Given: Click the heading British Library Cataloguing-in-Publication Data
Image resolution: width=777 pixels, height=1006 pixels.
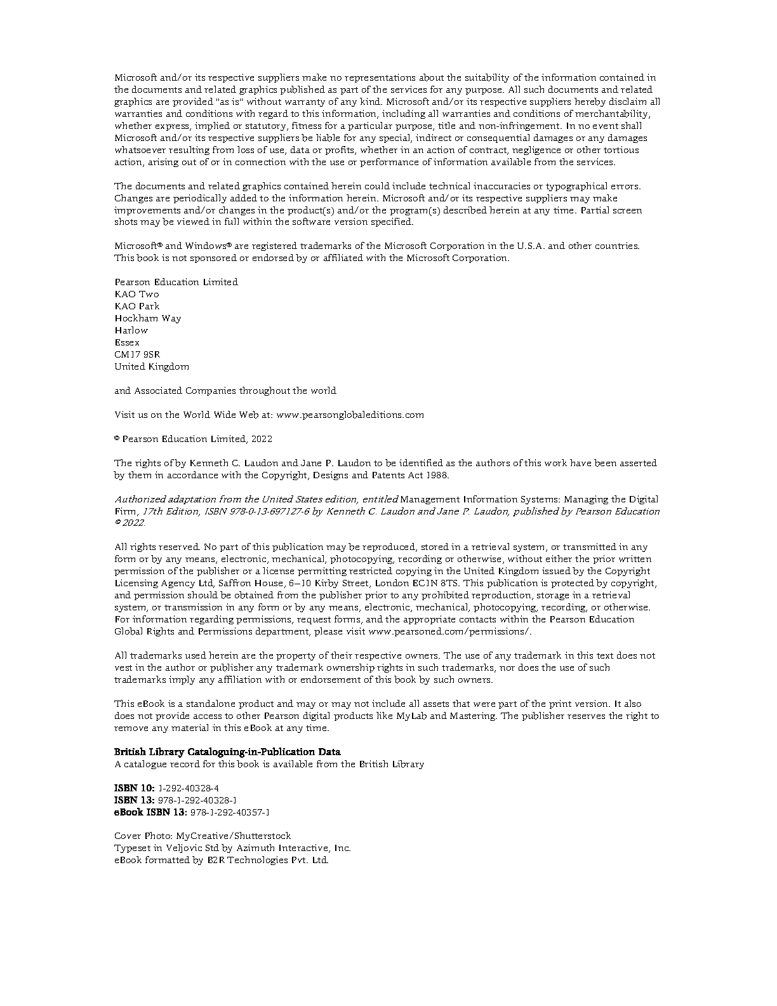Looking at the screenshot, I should pos(227,752).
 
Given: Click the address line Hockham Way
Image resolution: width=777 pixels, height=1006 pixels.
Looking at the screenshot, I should pos(147,318).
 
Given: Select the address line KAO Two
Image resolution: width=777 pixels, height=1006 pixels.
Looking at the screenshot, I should pos(136,294).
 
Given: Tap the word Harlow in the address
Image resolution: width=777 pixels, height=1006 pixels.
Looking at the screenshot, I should pos(131,330).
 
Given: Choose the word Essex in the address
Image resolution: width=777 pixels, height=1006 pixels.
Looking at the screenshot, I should pos(127,342).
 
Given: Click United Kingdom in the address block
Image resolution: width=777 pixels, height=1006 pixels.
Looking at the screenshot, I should pos(152,366).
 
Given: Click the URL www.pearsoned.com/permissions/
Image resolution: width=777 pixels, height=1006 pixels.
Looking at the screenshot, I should pos(449,631).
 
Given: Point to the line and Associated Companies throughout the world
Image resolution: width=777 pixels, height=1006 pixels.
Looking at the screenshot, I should pos(225,391).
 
